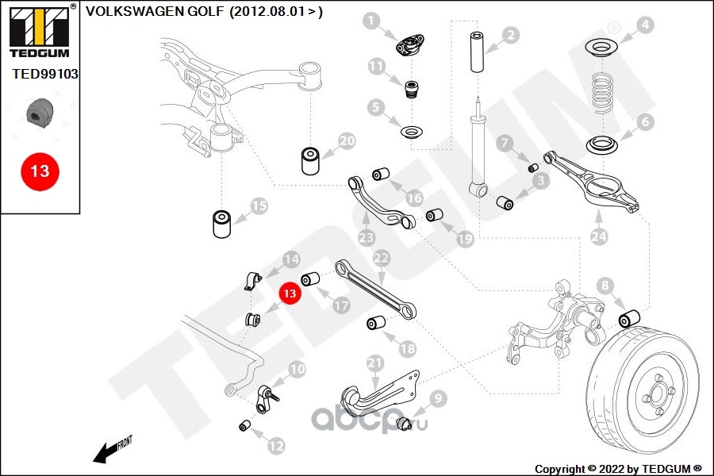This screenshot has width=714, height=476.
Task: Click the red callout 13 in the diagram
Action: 290,293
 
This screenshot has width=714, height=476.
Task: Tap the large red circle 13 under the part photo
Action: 40,171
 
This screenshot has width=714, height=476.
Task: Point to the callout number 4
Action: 645,25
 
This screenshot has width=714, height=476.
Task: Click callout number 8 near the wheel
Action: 605,285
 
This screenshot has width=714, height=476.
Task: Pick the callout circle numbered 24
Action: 598,235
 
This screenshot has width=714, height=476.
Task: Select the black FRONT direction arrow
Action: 106,452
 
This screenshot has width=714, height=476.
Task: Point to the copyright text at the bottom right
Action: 618,468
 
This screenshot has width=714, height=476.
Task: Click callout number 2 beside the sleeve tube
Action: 510,34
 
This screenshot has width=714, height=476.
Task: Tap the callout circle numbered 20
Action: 347,141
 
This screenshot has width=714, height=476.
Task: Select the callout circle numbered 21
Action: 375,363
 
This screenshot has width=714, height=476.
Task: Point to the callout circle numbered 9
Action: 438,398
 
